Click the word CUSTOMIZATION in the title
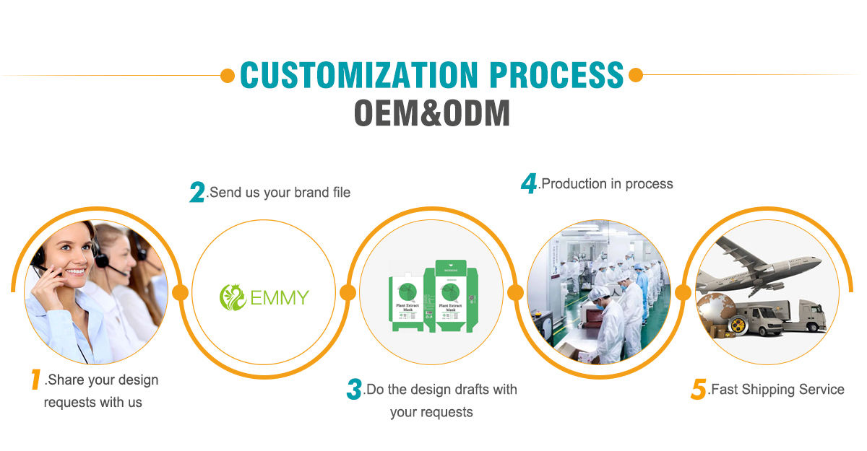[358, 75]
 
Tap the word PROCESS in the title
[556, 75]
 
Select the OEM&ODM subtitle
[432, 113]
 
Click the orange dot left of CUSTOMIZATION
[228, 75]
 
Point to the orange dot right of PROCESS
[636, 75]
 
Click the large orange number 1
[34, 380]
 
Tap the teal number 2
[197, 192]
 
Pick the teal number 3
[353, 390]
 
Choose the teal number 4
[529, 183]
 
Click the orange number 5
[697, 390]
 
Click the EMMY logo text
[280, 297]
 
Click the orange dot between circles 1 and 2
[181, 292]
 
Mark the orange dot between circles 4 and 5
[682, 292]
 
